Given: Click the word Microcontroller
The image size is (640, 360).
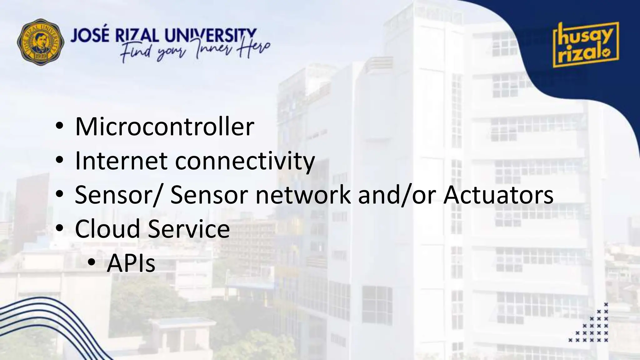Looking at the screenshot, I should [164, 127].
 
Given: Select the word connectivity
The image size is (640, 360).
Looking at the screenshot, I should [245, 161].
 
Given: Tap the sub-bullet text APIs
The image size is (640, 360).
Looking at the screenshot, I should [131, 263].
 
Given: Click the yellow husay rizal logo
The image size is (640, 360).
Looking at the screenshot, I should [586, 45].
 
